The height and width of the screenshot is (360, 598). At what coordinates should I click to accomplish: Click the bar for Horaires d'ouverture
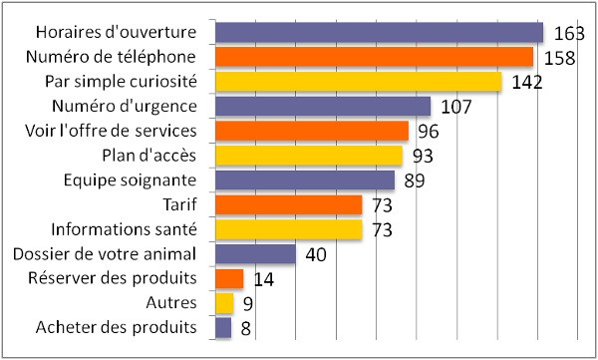[x=379, y=33]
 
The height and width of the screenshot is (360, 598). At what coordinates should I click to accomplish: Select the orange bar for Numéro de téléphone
[x=374, y=57]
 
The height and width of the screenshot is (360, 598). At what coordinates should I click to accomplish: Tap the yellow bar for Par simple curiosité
[x=358, y=82]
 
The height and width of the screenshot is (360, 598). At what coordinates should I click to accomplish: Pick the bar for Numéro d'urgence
[x=322, y=107]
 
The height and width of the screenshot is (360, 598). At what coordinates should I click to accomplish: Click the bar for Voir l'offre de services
[x=311, y=131]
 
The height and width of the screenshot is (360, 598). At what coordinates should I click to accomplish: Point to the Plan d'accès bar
[x=308, y=156]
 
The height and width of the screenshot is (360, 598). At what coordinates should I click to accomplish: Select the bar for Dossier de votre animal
[x=255, y=254]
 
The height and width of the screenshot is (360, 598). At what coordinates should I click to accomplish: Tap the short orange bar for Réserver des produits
[x=229, y=278]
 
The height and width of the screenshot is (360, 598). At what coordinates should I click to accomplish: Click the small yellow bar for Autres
[x=224, y=303]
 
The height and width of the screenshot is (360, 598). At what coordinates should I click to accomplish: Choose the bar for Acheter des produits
[x=223, y=327]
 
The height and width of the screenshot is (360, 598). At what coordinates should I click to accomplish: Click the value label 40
[x=316, y=255]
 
